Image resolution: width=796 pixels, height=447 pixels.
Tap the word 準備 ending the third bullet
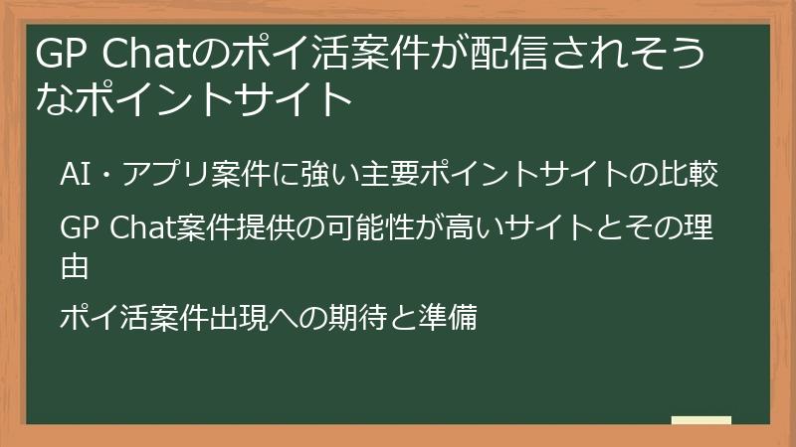point(453,319)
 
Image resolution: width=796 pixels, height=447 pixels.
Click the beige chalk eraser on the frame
point(700,420)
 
